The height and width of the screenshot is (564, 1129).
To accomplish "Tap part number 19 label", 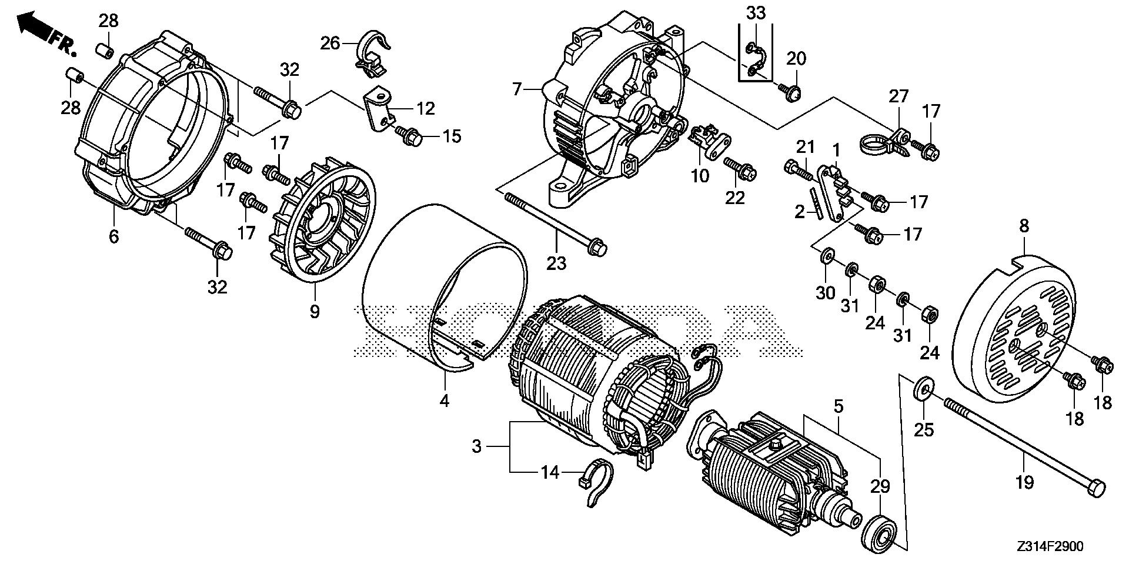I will click(1024, 483).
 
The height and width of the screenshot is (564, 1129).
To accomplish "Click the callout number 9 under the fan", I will click(315, 311).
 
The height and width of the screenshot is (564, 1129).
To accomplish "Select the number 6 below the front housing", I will click(113, 236).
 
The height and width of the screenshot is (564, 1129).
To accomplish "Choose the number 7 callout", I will click(517, 89).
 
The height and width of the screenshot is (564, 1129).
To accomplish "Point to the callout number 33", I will click(756, 12).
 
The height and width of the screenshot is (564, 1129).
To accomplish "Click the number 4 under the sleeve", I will click(445, 401).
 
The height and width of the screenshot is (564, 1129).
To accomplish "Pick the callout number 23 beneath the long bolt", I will click(556, 263).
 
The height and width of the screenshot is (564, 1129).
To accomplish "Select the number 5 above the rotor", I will click(838, 405).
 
